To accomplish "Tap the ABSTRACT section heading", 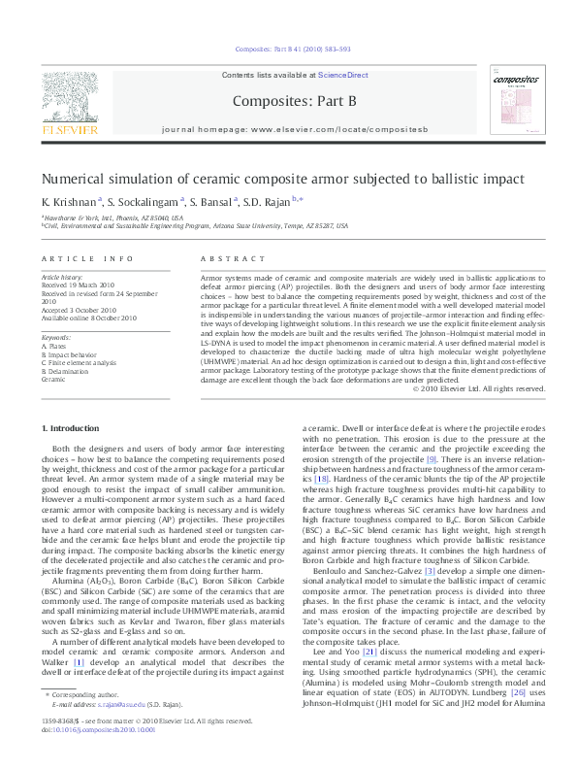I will [x=233, y=258].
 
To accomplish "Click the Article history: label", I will [x=62, y=278].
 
